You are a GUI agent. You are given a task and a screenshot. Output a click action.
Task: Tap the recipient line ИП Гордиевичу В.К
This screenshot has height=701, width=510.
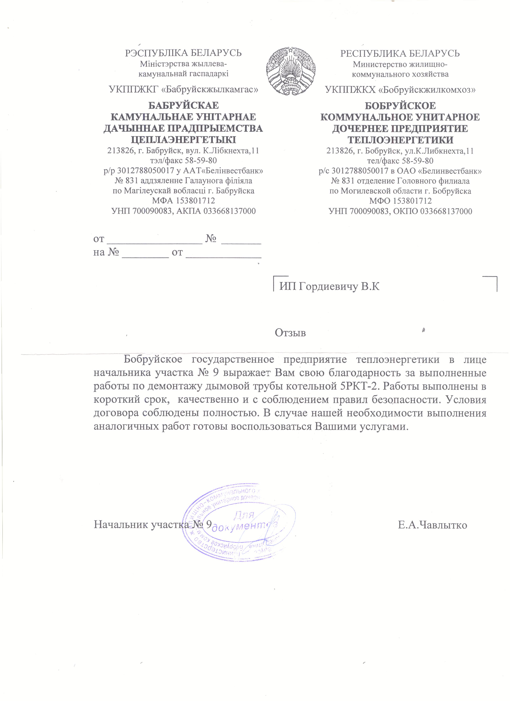click(x=329, y=286)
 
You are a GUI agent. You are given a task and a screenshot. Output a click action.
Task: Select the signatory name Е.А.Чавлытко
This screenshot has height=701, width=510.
click(x=432, y=525)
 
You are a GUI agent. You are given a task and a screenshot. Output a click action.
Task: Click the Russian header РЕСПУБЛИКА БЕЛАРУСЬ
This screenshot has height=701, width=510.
click(x=400, y=54)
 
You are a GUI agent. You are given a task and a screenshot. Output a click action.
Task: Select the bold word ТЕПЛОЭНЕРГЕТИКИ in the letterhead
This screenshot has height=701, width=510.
click(x=400, y=140)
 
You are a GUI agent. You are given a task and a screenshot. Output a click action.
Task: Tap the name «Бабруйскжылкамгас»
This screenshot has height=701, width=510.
click(x=210, y=90)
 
